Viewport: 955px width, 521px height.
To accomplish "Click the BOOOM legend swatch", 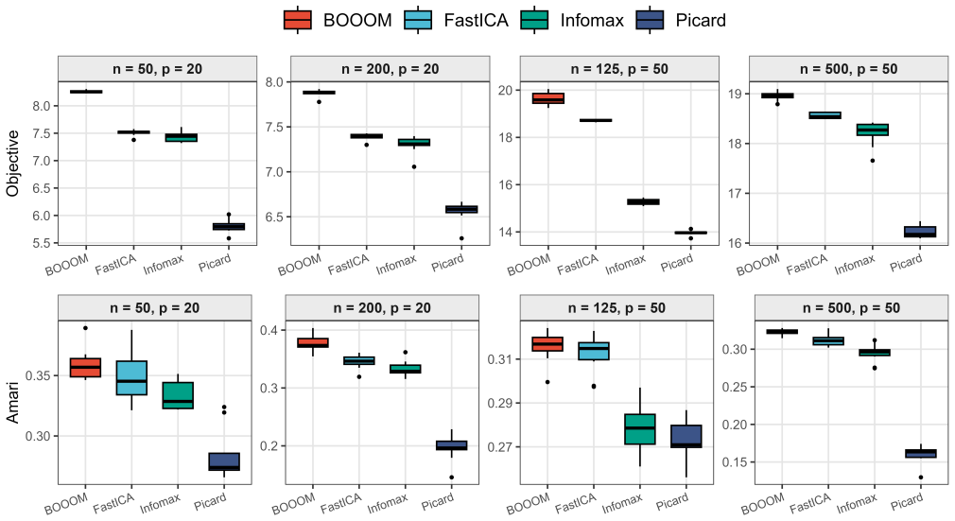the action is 298,20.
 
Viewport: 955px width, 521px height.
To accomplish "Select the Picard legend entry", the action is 681,20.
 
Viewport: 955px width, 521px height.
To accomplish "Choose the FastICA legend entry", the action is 456,20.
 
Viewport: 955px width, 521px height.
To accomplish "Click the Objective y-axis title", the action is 13,163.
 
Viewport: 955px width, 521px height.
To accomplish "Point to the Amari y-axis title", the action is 13,402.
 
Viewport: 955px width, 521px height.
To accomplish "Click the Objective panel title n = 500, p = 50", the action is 849,69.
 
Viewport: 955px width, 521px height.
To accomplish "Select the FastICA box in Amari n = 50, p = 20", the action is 131,378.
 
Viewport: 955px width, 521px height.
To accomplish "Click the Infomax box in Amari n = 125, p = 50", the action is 640,429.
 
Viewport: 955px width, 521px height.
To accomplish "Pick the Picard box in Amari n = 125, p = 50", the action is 686,436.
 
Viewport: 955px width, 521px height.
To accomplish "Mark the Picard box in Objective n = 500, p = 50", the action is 920,232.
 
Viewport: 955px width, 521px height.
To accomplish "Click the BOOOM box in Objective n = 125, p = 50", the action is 548,98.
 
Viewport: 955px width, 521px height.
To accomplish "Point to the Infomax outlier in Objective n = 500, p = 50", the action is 872,161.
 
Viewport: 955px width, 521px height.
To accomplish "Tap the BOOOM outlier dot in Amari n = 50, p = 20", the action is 85,328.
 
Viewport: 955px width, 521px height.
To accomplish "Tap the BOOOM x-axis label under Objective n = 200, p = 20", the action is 300,265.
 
